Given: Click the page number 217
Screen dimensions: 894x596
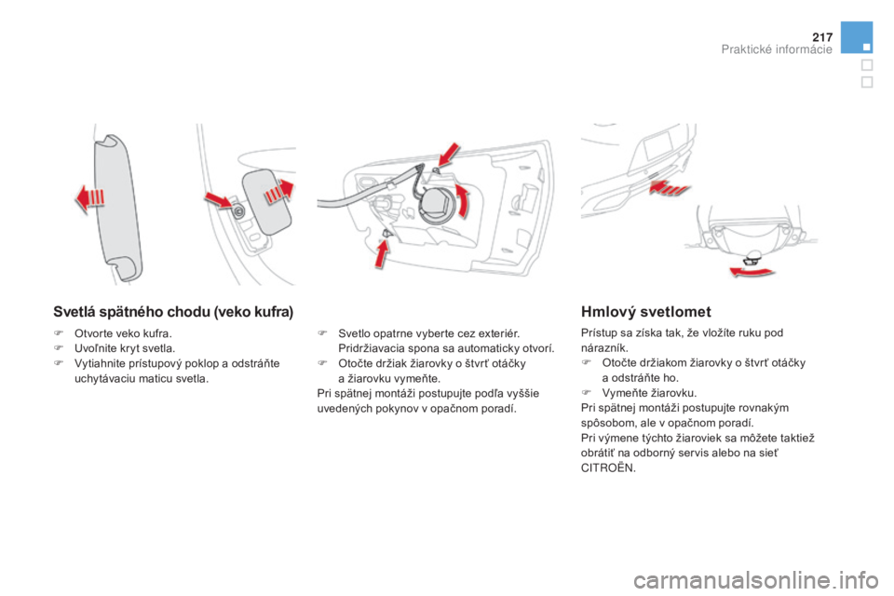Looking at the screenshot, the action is pos(822,37).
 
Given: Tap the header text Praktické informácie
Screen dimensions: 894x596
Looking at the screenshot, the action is pos(777,49).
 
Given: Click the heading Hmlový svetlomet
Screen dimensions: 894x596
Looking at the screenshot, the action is pos(646,312).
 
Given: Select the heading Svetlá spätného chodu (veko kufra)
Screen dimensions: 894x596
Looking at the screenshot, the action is pos(173,312).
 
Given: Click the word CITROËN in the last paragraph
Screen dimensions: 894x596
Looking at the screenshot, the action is pos(608,467).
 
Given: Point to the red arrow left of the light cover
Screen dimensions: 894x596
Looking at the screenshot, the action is pos(90,198).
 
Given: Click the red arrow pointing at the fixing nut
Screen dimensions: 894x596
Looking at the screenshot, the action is pos(219,201).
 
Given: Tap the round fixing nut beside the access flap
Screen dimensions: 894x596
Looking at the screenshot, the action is pos(238,211).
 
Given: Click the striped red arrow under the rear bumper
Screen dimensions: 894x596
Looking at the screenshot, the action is pos(670,187).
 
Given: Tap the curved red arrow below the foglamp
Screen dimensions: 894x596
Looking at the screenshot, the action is pos(752,271).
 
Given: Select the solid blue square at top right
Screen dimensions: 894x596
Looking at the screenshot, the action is pos(857,37).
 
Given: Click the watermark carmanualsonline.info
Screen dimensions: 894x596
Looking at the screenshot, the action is pos(755,580).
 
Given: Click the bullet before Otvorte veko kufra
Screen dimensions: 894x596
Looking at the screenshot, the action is pos(58,333).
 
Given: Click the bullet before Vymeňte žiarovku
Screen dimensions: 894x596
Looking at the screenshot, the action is pos(585,392).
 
